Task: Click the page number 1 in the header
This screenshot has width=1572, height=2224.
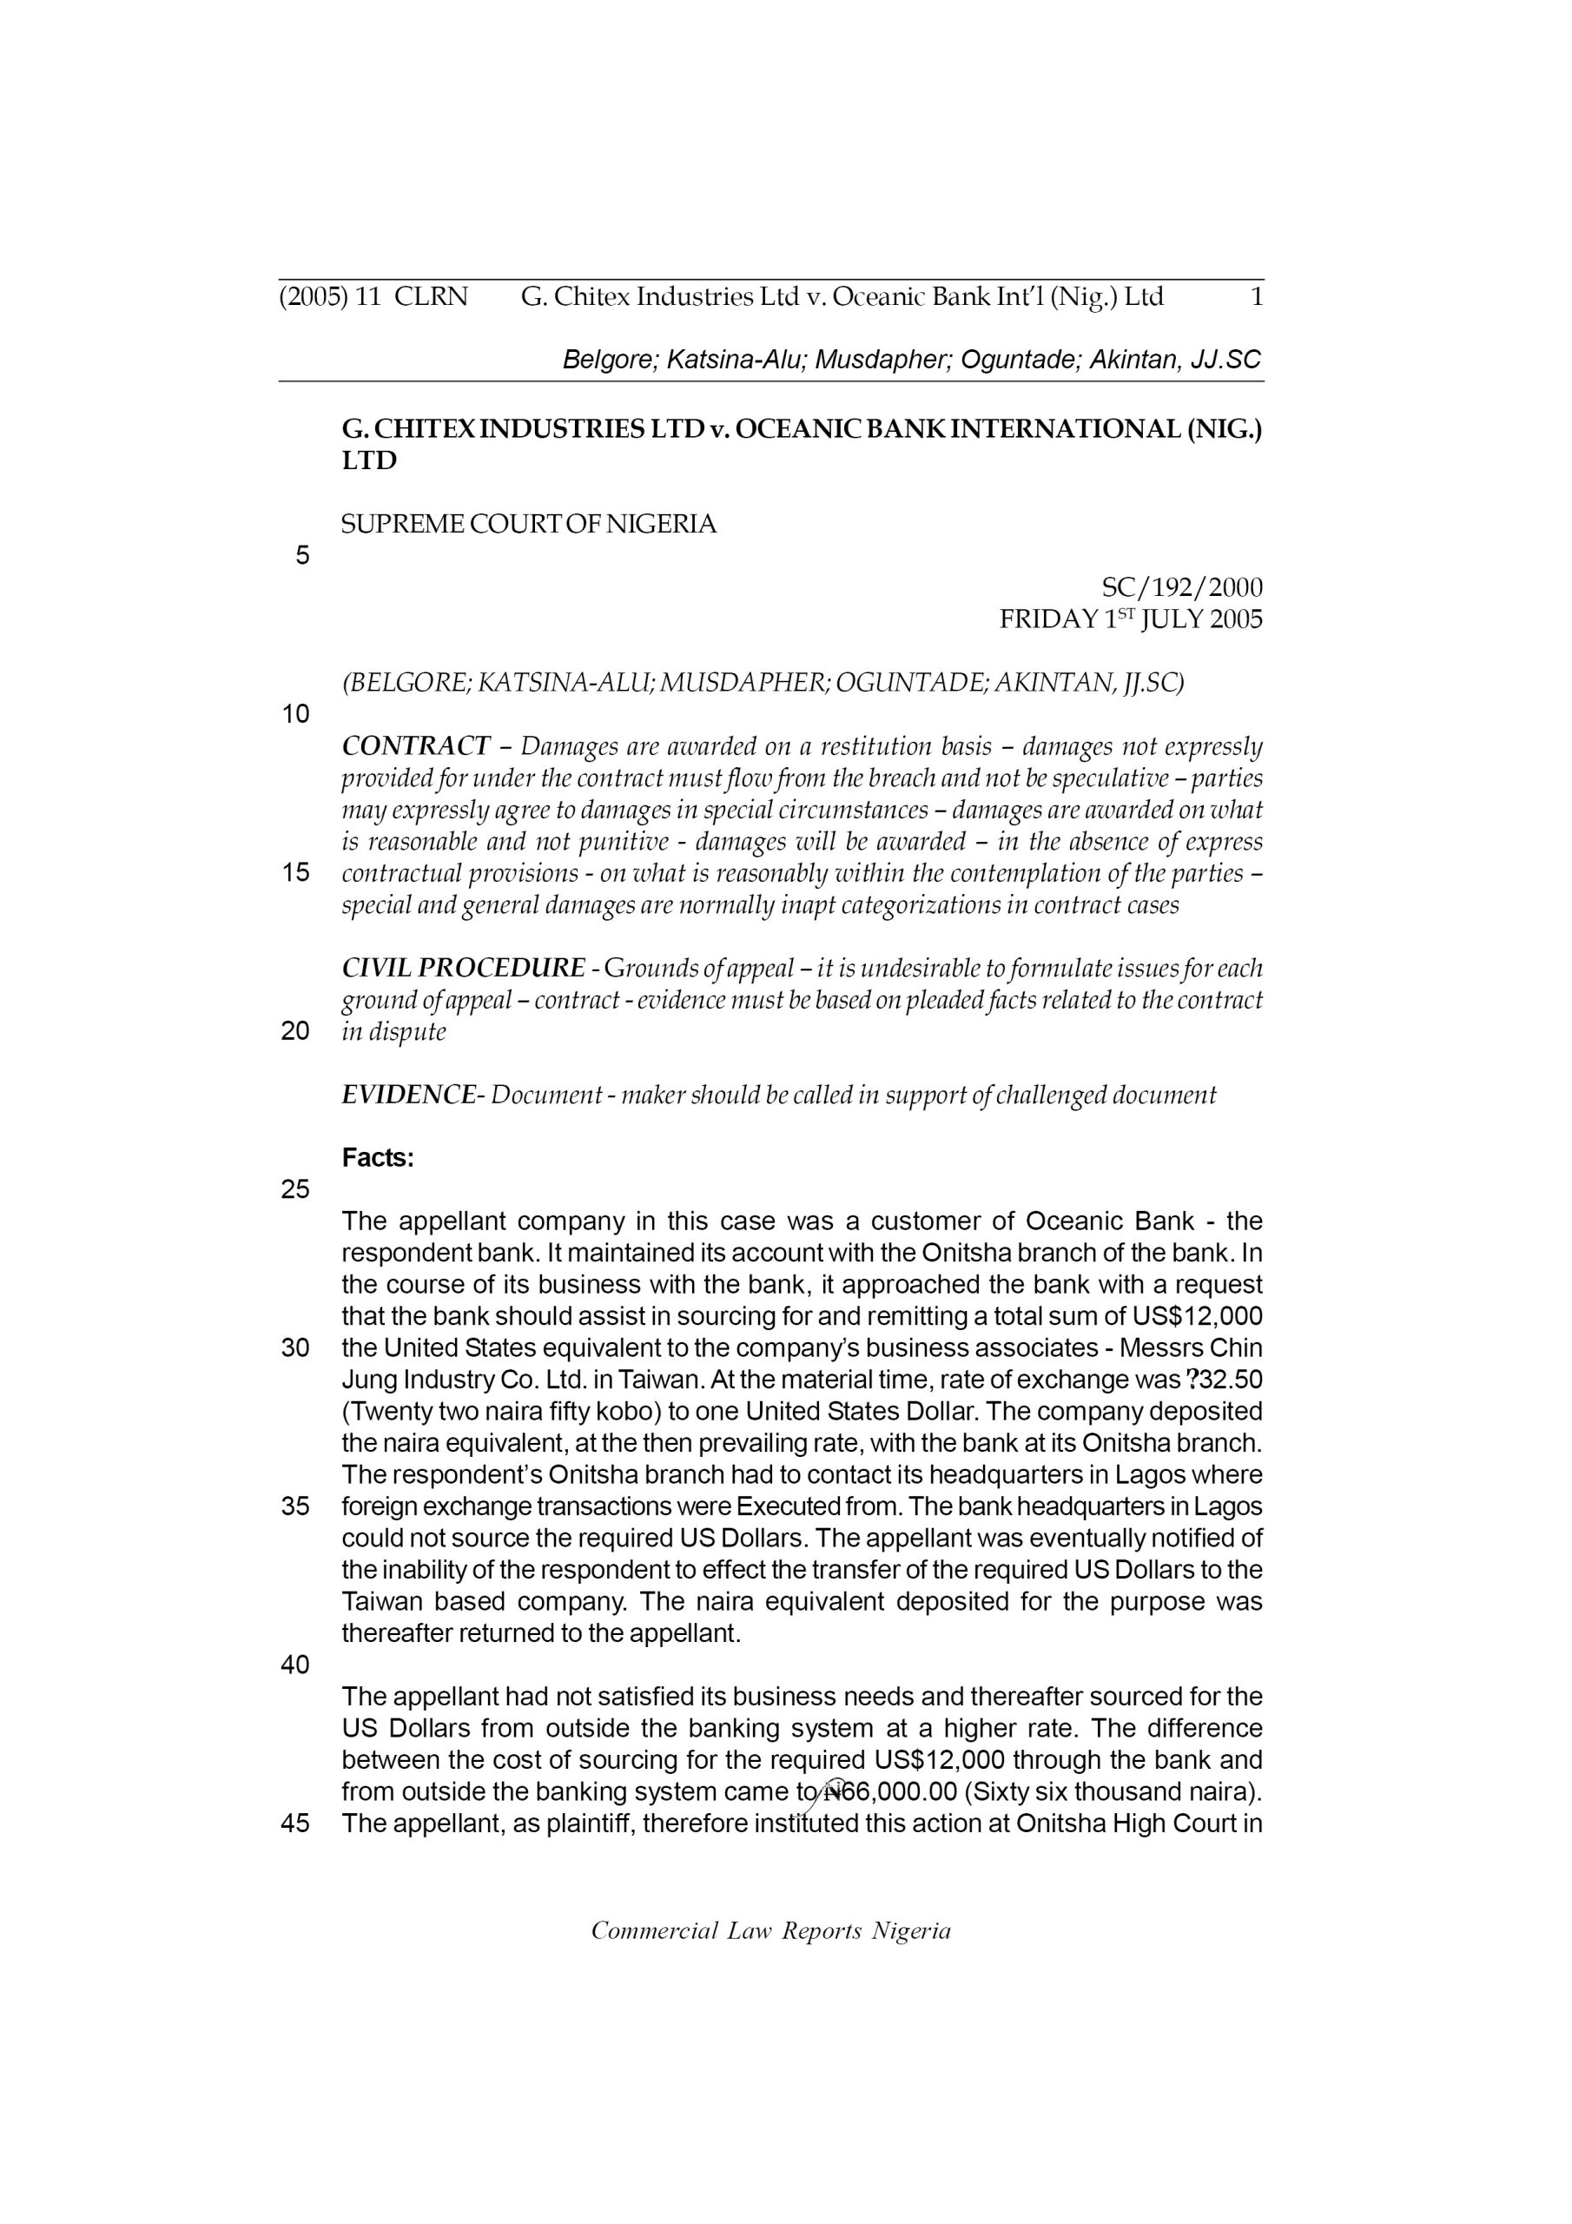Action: pyautogui.click(x=1256, y=296)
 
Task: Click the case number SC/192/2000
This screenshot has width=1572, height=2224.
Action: pyautogui.click(x=1182, y=588)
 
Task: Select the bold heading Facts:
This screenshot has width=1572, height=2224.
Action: pyautogui.click(x=378, y=1159)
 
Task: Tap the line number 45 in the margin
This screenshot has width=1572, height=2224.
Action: pyautogui.click(x=295, y=1824)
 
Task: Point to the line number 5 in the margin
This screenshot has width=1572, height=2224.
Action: pyautogui.click(x=302, y=556)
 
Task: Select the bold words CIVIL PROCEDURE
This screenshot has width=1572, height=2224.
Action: pyautogui.click(x=463, y=969)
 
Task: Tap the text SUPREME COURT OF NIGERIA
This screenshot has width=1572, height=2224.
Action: pyautogui.click(x=529, y=525)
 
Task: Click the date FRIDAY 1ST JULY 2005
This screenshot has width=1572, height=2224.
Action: pyautogui.click(x=1130, y=620)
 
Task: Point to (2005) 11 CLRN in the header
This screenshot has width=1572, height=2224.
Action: pyautogui.click(x=373, y=296)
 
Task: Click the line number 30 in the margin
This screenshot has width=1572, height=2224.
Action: pyautogui.click(x=295, y=1348)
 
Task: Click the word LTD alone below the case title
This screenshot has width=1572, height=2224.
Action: pyautogui.click(x=369, y=461)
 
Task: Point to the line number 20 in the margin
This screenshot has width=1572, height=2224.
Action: pyautogui.click(x=295, y=1031)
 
